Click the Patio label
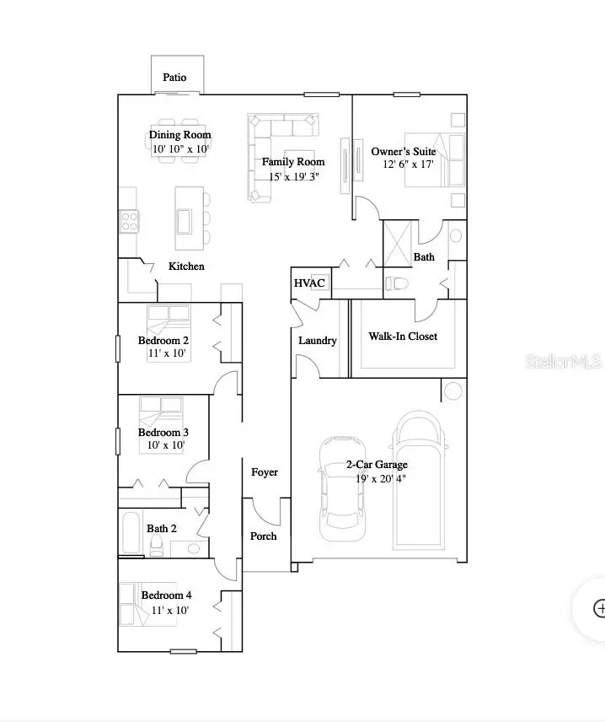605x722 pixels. pos(174,78)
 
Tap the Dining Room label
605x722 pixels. pos(180,135)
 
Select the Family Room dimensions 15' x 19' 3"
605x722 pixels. pos(292,176)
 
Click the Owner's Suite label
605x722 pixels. pos(404,152)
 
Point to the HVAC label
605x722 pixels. pos(309,283)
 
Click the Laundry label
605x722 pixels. pos(318,341)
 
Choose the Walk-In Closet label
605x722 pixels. pos(403,337)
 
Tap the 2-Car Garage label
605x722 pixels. pos(377,465)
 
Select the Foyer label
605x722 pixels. pos(265,472)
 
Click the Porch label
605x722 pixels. pos(263,536)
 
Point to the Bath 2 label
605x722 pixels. pos(162,529)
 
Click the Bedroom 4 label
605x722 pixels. pos(167,595)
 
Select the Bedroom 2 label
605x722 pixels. pos(163,341)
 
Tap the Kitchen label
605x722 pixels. pos(186,267)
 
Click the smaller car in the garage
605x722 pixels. pos(341,488)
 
